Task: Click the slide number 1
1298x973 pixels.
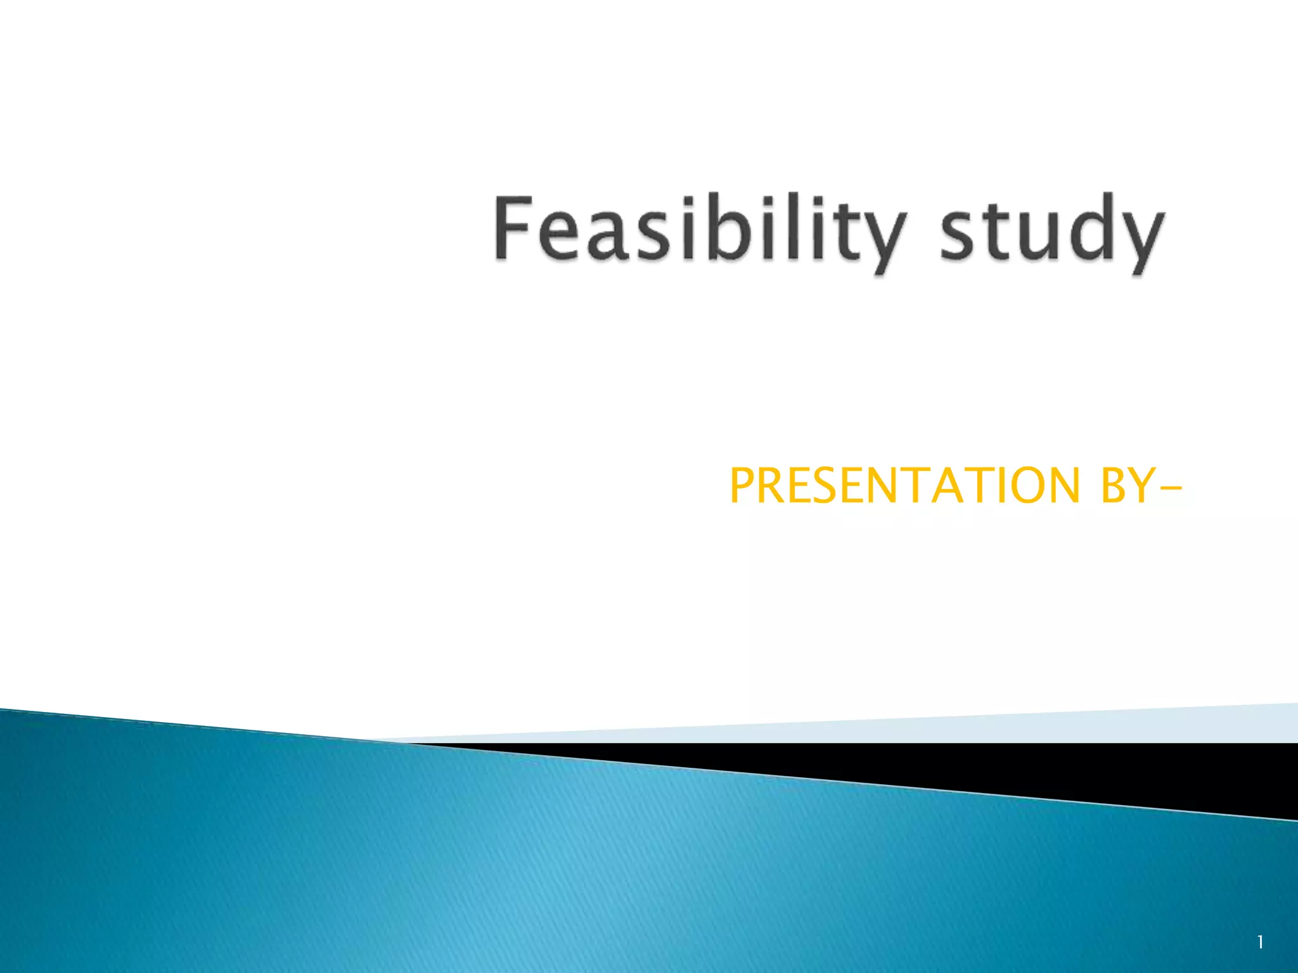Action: (1261, 942)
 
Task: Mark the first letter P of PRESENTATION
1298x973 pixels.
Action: (743, 486)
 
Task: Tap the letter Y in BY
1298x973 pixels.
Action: (1141, 486)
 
